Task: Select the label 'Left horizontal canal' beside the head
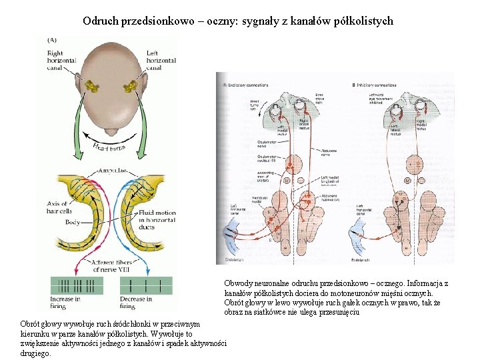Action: [x=161, y=60]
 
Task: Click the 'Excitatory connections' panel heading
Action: [x=248, y=85]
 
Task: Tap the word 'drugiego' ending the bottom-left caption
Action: [x=36, y=353]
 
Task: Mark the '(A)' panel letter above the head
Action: [x=52, y=39]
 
